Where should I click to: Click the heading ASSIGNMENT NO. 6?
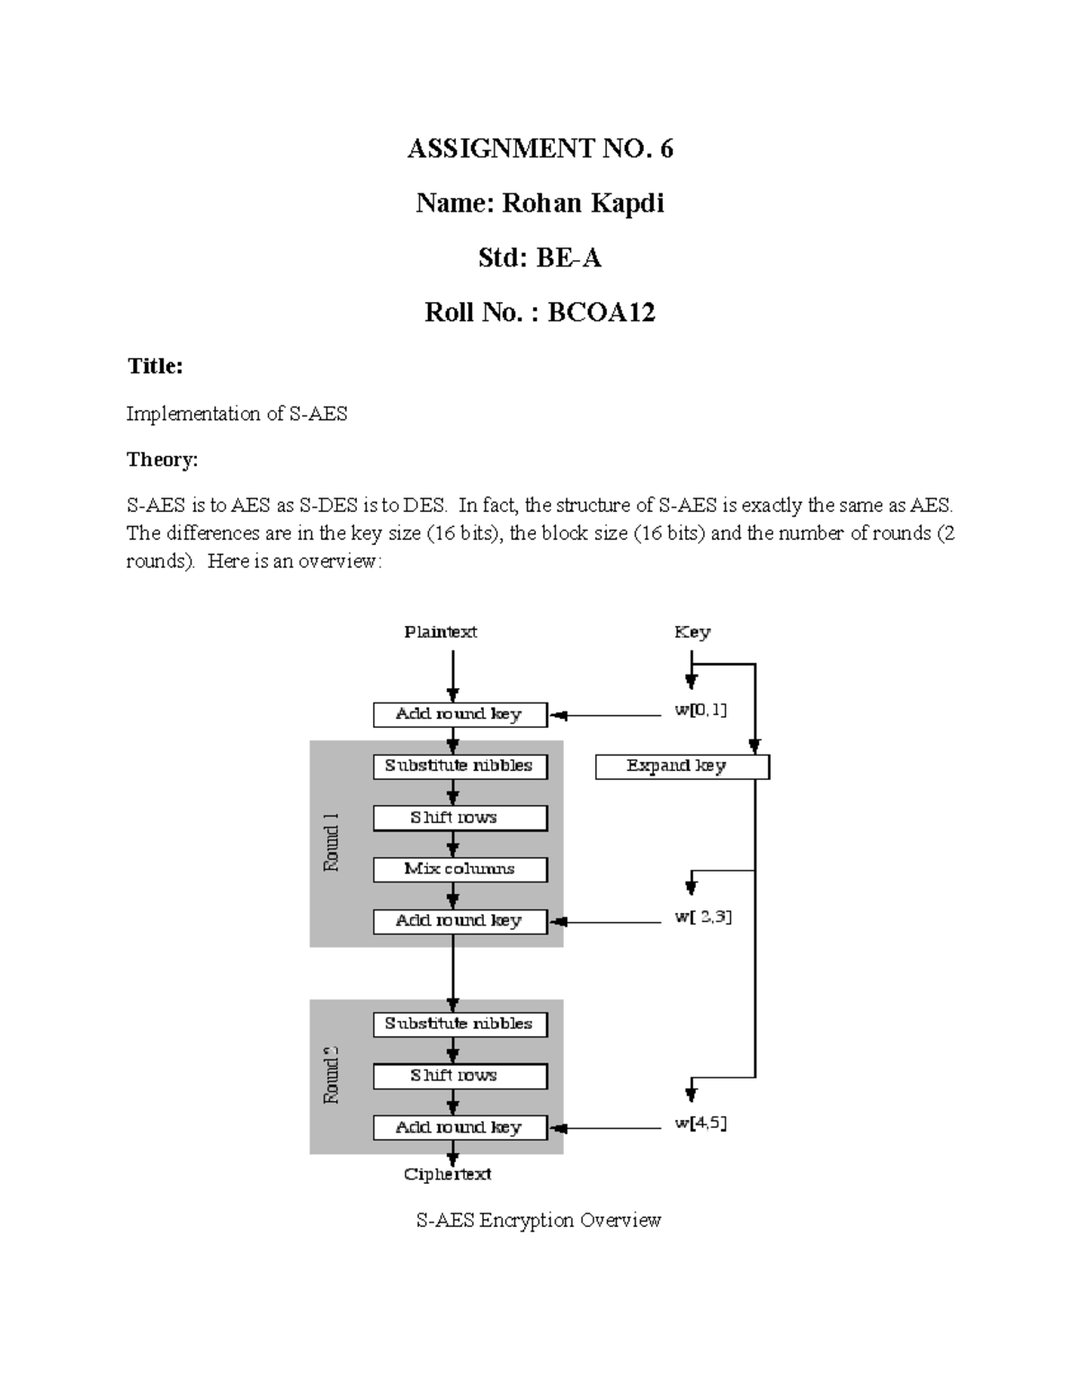539,148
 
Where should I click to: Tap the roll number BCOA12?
602,313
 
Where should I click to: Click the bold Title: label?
155,366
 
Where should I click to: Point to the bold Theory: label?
162,460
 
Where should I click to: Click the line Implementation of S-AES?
236,414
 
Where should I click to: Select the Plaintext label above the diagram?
441,632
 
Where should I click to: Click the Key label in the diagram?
692,632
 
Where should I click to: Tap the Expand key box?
682,766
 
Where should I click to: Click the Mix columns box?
459,869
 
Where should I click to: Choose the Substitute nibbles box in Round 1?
459,766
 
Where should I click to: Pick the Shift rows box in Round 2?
459,1076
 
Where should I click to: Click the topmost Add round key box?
459,714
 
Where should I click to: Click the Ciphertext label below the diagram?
448,1174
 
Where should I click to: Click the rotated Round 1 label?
331,842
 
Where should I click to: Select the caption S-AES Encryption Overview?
539,1221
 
